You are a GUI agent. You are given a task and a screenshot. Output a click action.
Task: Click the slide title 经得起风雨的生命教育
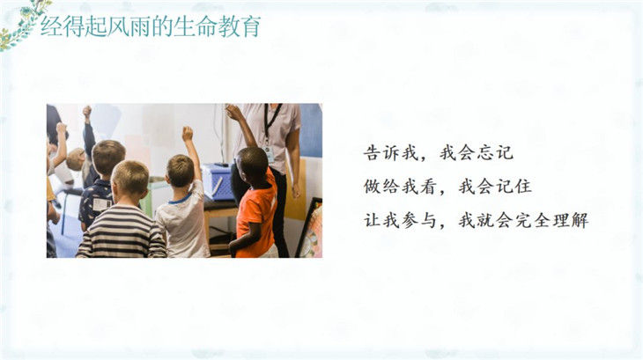[151, 26]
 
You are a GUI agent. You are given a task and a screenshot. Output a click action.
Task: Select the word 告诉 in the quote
[381, 153]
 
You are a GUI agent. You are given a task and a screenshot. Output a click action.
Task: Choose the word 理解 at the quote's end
[571, 220]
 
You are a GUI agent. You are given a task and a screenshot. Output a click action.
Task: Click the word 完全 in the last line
[533, 220]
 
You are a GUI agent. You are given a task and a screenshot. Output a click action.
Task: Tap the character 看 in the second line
[429, 187]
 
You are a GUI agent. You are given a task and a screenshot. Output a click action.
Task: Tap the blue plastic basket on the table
[218, 182]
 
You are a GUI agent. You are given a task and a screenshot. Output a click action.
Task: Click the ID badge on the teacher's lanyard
[269, 155]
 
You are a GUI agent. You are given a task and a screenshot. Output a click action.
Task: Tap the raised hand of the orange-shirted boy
[233, 112]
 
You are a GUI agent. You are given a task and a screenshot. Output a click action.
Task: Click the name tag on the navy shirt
[102, 204]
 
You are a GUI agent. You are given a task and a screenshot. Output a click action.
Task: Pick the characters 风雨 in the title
[129, 26]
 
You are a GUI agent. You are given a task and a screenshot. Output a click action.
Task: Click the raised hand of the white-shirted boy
[188, 134]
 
